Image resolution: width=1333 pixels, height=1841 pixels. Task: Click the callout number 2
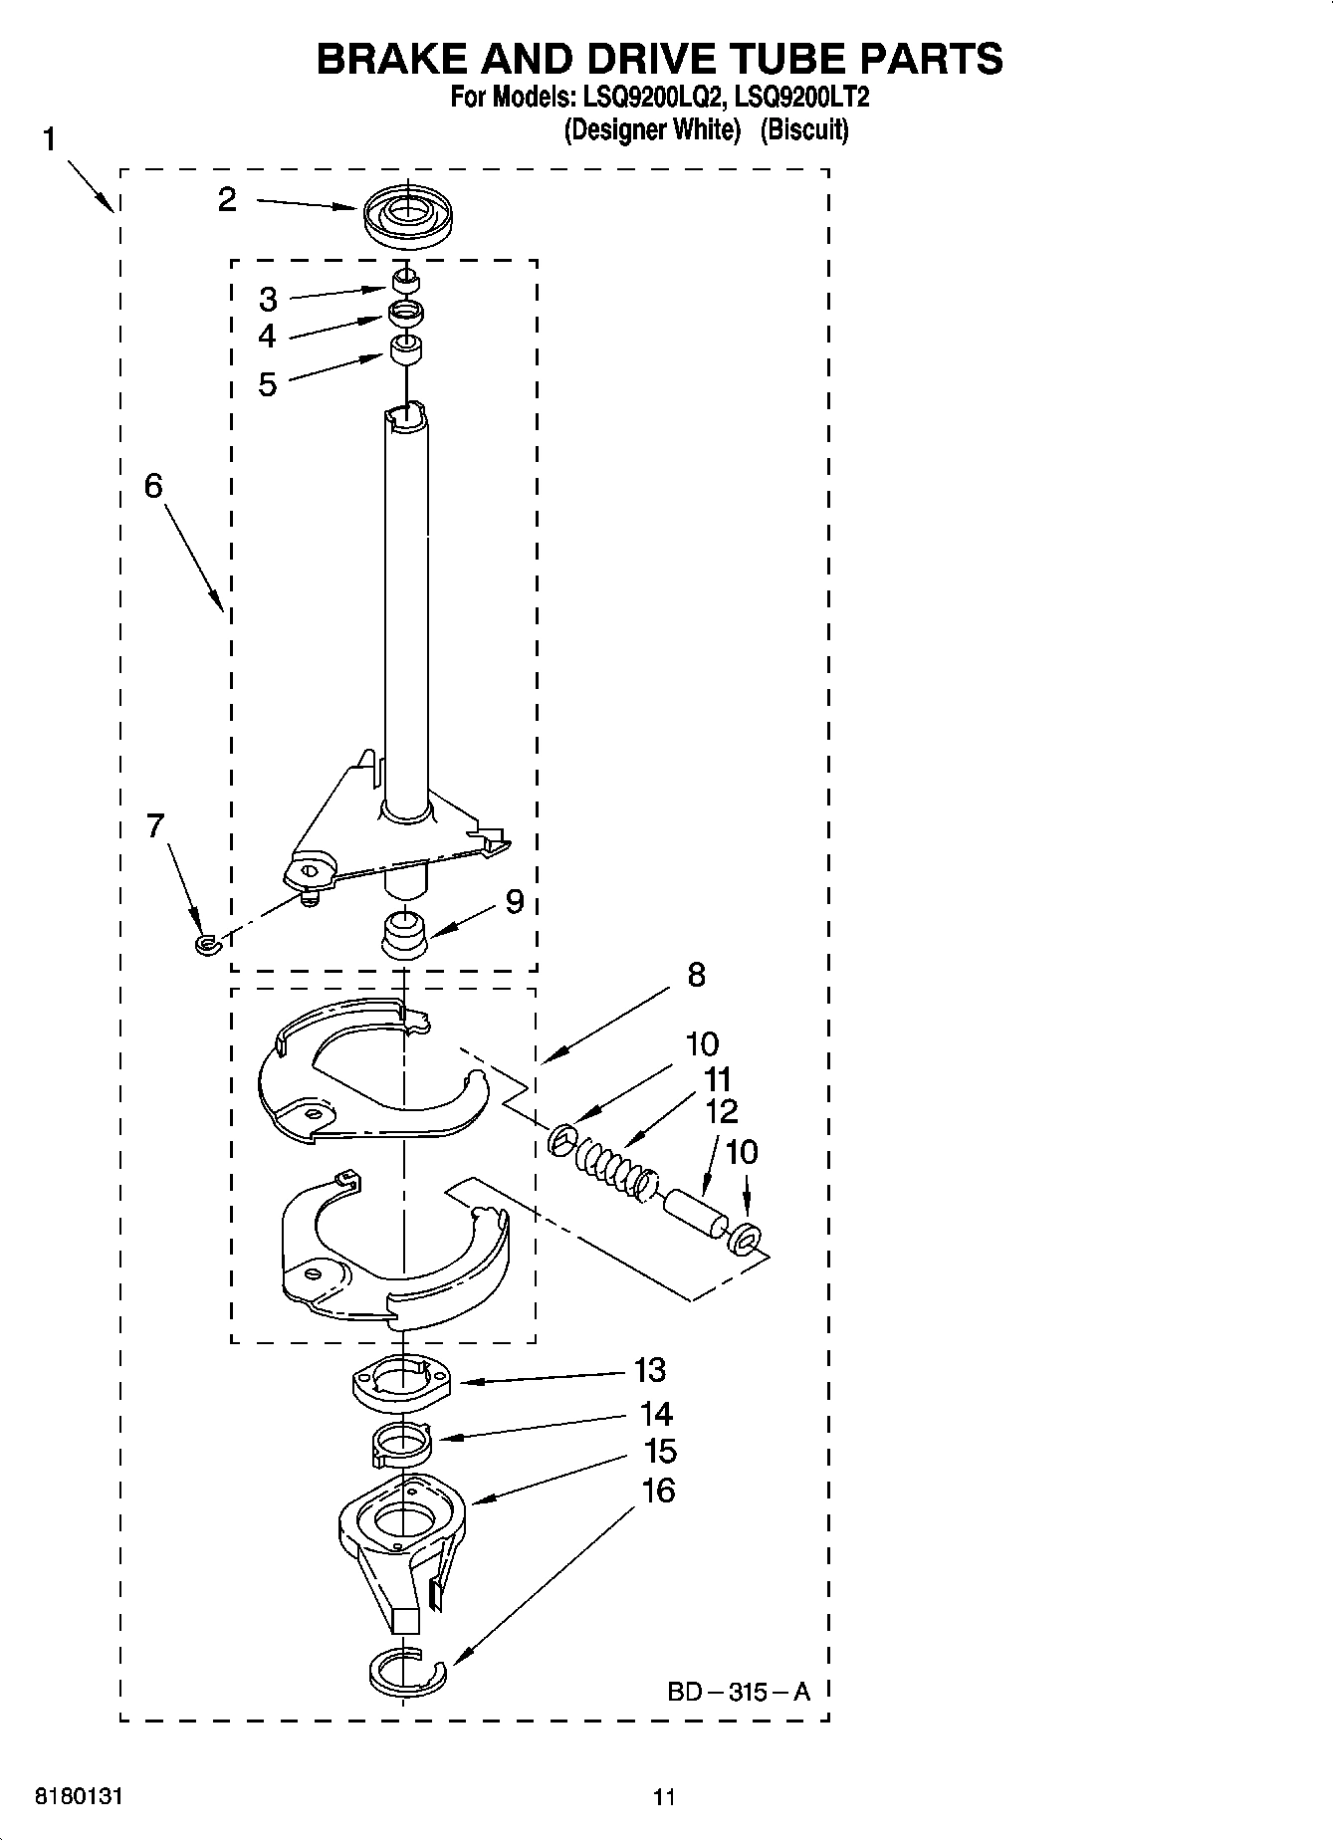pyautogui.click(x=227, y=200)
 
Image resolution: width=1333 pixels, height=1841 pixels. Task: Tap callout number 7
pyautogui.click(x=155, y=826)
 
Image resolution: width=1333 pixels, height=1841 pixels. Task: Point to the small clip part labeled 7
pyautogui.click(x=206, y=942)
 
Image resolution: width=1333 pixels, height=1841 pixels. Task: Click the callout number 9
pyautogui.click(x=514, y=902)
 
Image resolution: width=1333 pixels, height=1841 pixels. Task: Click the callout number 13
pyautogui.click(x=649, y=1371)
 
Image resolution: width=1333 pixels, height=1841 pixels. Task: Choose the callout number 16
pyautogui.click(x=658, y=1491)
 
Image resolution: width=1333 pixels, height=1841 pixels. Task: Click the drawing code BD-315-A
pyautogui.click(x=739, y=1691)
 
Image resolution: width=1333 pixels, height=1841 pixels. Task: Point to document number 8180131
pyautogui.click(x=79, y=1797)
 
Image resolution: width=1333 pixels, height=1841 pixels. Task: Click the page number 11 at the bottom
pyautogui.click(x=664, y=1797)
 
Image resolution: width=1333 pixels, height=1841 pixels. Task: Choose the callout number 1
pyautogui.click(x=49, y=140)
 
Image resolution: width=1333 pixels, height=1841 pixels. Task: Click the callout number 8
pyautogui.click(x=696, y=974)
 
